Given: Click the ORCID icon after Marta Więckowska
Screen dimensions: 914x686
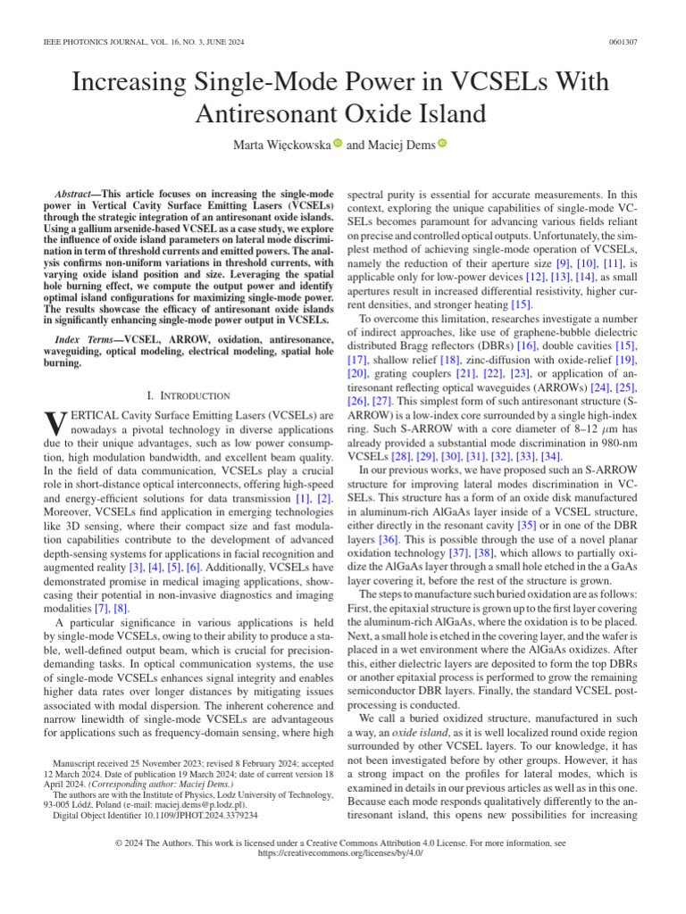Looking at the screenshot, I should (338, 144).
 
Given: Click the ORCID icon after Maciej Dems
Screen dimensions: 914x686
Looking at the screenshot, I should (441, 144).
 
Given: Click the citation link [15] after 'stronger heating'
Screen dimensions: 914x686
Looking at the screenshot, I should (521, 305).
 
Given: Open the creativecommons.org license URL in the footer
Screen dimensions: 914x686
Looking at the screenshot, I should (342, 852).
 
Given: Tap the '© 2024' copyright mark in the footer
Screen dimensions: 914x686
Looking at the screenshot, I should (130, 842).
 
